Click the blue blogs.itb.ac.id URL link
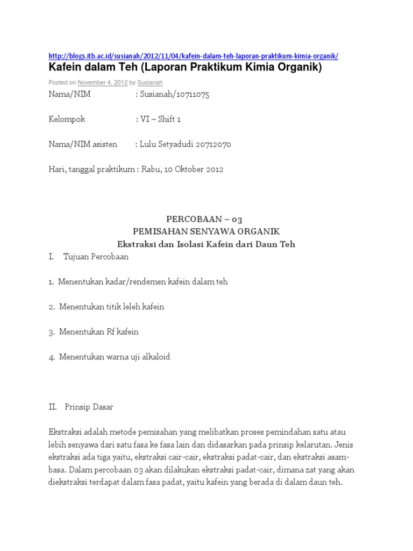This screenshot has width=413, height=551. [194, 56]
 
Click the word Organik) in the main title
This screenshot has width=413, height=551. [298, 67]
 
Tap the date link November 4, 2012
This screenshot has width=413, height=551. [102, 83]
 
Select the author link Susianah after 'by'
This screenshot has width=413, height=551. [149, 83]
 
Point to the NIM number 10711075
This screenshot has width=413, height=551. [191, 95]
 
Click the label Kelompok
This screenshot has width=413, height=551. [67, 119]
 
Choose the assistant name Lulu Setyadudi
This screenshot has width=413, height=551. [167, 144]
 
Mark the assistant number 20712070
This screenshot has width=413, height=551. [214, 144]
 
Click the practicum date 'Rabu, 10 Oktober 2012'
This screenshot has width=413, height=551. [182, 169]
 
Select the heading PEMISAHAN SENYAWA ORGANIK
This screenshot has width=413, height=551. [206, 231]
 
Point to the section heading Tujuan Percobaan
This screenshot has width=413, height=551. [96, 257]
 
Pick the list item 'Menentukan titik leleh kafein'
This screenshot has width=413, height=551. [111, 307]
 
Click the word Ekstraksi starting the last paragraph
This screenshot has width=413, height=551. [66, 432]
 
